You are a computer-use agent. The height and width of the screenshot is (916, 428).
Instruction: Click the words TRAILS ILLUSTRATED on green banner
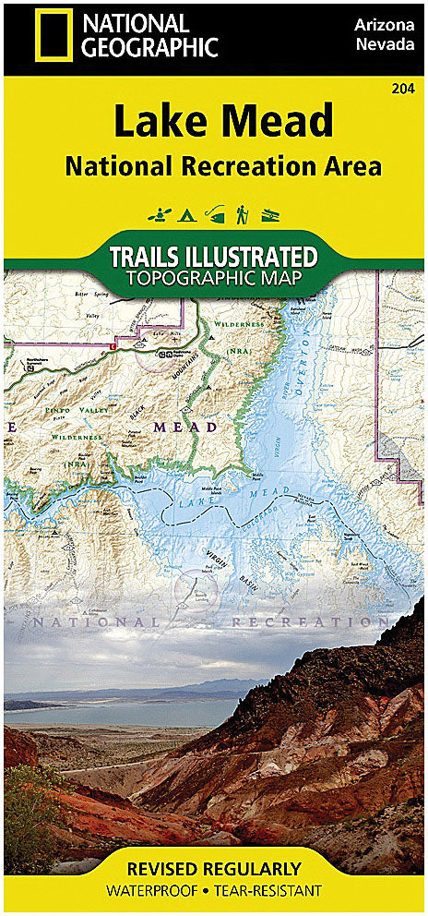pos(214,256)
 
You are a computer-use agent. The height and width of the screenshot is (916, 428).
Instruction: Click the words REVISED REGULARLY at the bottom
pos(214,868)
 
